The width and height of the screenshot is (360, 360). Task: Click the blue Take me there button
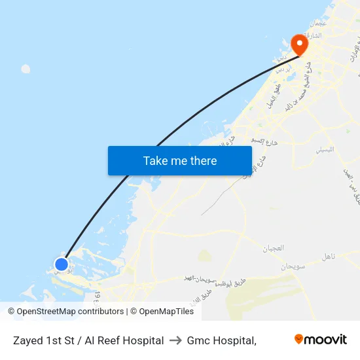(179, 160)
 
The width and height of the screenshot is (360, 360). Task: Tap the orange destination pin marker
(299, 45)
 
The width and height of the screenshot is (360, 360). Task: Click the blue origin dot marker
(61, 264)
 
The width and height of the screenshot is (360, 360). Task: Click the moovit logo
(320, 340)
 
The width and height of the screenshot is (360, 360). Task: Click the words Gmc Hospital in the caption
(220, 340)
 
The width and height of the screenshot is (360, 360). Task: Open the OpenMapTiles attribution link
(166, 312)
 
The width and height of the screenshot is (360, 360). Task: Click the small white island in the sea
(26, 69)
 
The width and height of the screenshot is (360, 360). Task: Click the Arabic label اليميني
(325, 149)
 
